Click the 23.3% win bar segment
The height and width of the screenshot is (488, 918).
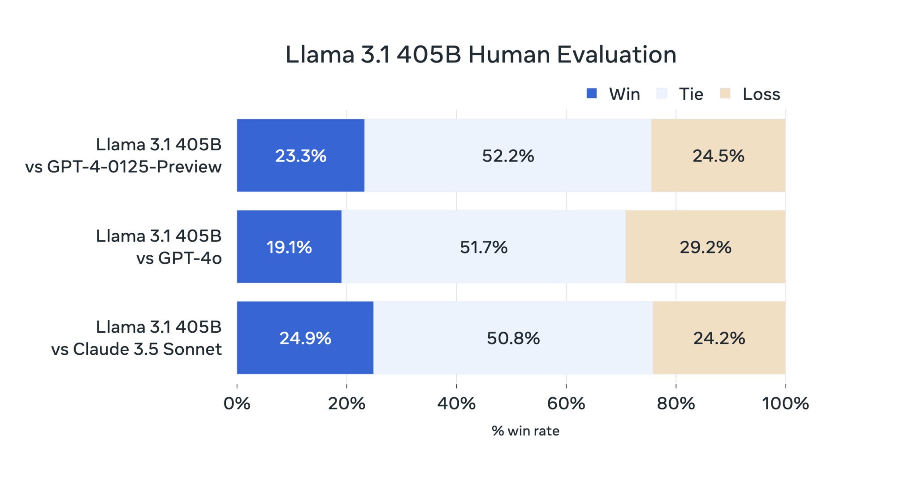click(x=300, y=156)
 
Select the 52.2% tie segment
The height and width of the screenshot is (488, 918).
click(x=507, y=156)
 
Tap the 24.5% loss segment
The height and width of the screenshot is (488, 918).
click(x=718, y=156)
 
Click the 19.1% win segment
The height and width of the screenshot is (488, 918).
click(x=289, y=247)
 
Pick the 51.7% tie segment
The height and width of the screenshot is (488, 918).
click(x=483, y=247)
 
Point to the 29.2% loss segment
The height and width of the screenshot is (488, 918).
click(x=705, y=247)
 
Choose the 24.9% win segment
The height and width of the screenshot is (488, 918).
click(x=305, y=338)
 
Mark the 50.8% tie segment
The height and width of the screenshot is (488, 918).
click(x=513, y=338)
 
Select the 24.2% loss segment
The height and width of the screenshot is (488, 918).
click(x=719, y=338)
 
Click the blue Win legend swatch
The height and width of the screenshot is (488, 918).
click(x=592, y=93)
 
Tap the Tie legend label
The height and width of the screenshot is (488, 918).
click(x=691, y=94)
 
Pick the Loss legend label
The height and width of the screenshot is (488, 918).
click(x=761, y=94)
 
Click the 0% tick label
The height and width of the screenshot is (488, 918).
click(x=237, y=404)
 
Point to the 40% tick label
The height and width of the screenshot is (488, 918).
click(x=456, y=404)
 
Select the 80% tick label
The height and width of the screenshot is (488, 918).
click(x=676, y=404)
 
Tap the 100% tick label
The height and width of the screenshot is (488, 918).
click(x=785, y=404)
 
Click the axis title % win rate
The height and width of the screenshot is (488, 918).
click(x=525, y=431)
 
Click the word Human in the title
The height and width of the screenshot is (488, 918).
click(x=509, y=55)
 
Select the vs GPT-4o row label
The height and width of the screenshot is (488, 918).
click(x=179, y=258)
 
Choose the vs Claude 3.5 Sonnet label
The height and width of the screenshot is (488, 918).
click(x=136, y=349)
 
